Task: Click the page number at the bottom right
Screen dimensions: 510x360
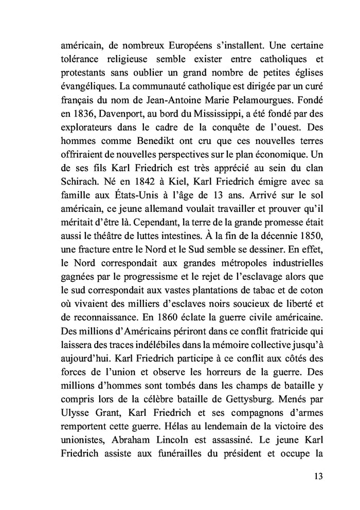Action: tap(317, 476)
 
